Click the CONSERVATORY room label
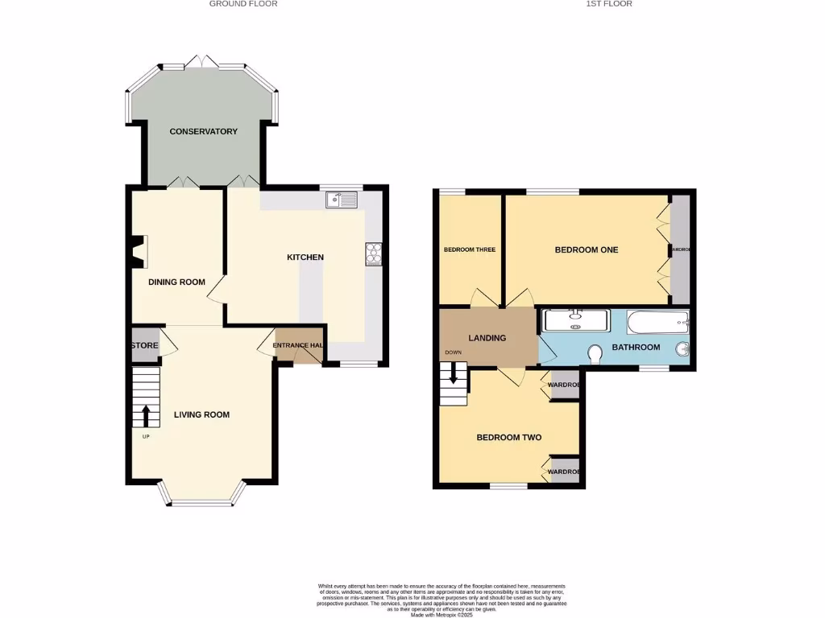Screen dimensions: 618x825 tap(203, 131)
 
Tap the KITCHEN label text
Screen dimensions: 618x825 tap(305, 257)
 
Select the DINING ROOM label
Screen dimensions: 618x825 tap(176, 282)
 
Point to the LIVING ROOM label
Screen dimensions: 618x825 tap(201, 415)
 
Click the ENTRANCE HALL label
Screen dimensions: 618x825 tap(298, 346)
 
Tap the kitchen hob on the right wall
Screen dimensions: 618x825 tap(374, 253)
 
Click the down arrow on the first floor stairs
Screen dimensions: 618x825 tap(454, 373)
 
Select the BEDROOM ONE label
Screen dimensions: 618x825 tap(586, 250)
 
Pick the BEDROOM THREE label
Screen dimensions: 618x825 tap(469, 250)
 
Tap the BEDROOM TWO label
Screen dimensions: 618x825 tap(508, 438)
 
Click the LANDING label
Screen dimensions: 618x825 tap(487, 338)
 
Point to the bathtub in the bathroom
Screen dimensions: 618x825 tap(657, 323)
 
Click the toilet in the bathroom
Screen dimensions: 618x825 tap(597, 354)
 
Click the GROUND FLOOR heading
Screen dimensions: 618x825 tap(243, 4)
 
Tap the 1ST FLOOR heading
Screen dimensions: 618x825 tap(608, 4)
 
